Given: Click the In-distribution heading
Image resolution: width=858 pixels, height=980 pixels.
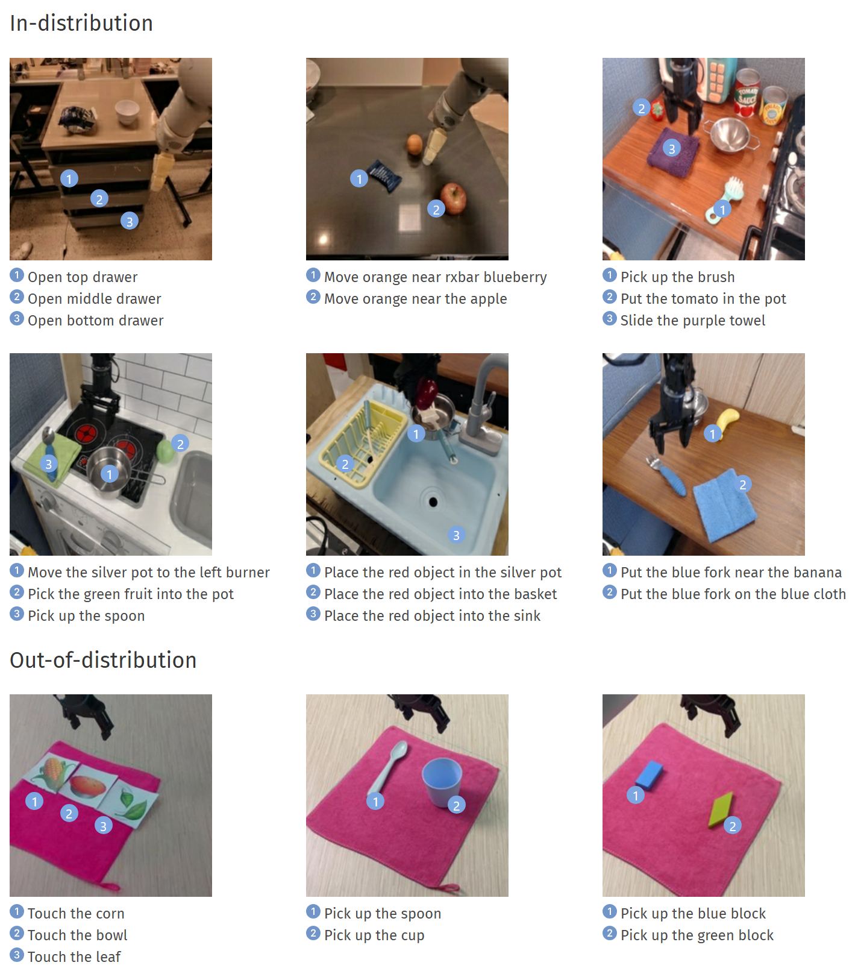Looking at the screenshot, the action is (x=81, y=23).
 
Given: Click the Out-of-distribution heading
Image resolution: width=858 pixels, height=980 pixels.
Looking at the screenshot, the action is (x=103, y=660).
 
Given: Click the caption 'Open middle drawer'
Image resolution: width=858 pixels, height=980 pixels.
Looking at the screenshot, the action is (x=95, y=299).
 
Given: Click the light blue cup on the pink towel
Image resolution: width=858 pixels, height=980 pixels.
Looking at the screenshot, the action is (x=442, y=782).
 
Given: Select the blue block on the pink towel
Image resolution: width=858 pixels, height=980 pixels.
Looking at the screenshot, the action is (x=648, y=774).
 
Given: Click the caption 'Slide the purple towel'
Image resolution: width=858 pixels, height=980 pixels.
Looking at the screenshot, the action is (x=693, y=321).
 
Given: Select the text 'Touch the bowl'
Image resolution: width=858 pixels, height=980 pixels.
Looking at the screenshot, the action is (x=78, y=935).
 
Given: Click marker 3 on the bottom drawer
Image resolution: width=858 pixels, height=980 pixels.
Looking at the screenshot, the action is (x=129, y=221).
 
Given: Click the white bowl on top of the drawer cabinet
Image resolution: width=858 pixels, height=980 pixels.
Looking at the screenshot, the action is (x=127, y=112).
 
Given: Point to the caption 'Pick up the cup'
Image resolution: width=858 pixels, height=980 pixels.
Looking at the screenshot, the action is (x=374, y=935).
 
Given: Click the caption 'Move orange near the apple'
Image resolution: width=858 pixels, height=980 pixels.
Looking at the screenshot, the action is (x=416, y=299).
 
